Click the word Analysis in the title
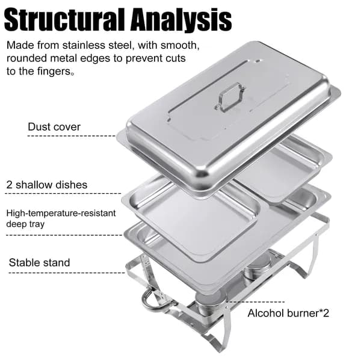[181, 20]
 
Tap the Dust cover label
[54, 127]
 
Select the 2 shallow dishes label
[47, 185]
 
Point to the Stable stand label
[39, 262]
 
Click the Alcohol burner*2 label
[288, 313]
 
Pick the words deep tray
[25, 224]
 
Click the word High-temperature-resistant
[61, 213]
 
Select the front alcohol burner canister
[208, 303]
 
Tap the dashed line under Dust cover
[72, 136]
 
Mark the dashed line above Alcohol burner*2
[255, 301]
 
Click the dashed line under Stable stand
[67, 273]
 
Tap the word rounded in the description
[26, 58]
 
